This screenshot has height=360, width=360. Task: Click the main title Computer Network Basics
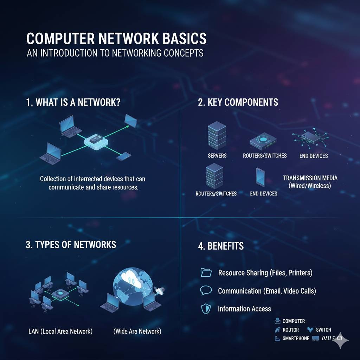tap(116, 38)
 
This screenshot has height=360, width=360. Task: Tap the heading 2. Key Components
tap(238, 102)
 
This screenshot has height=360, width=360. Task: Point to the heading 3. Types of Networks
tap(71, 244)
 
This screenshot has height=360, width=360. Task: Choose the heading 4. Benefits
tap(221, 246)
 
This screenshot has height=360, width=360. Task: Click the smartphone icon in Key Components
tap(261, 177)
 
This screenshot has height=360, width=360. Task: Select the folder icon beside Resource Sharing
tap(206, 272)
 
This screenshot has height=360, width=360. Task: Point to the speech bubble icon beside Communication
tap(206, 290)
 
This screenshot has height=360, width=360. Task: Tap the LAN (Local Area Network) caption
tap(60, 331)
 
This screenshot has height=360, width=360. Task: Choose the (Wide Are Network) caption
tap(137, 331)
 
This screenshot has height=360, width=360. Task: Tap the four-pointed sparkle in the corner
tap(341, 340)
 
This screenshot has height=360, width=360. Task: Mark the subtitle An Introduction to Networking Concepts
tap(115, 53)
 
